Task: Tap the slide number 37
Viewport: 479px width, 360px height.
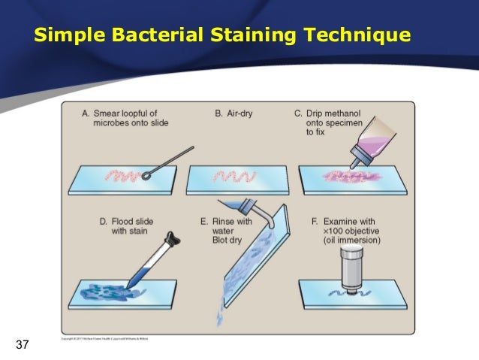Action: pos(23,345)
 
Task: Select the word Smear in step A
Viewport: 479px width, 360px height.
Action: pos(109,113)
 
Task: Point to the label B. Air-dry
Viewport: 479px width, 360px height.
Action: pos(233,113)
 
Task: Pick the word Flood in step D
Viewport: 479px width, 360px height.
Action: pos(125,222)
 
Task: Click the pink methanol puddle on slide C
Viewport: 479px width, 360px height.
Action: pos(345,178)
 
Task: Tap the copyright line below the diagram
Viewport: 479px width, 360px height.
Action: pos(106,339)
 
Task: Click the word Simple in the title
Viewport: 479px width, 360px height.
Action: pos(74,35)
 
